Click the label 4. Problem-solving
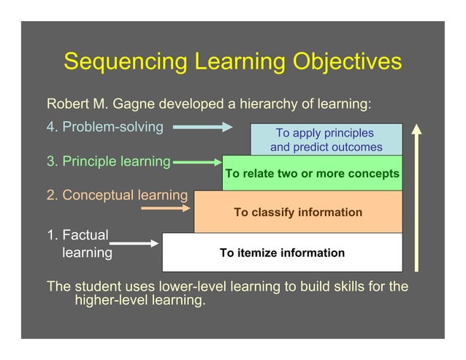point(105,127)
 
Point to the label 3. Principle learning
point(108,161)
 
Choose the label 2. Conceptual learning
point(117,195)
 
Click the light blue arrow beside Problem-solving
point(202,127)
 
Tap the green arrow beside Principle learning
point(196,162)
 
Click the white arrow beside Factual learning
point(134,243)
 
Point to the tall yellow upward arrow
point(416,197)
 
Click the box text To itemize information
point(282,253)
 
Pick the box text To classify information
point(297,212)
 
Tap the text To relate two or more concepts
point(313,174)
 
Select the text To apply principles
point(324,133)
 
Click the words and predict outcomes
point(326,147)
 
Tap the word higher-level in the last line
point(107,299)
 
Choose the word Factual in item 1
point(85,235)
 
